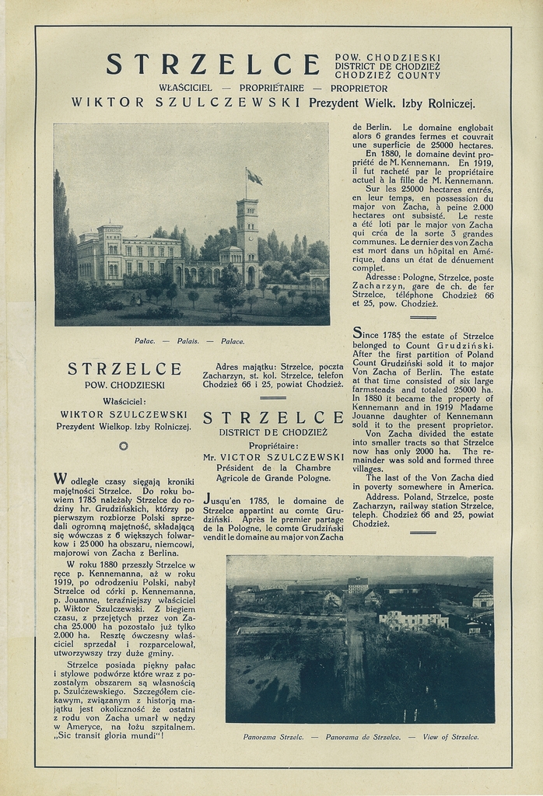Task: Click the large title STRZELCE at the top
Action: pyautogui.click(x=212, y=65)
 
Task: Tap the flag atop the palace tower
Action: pyautogui.click(x=254, y=178)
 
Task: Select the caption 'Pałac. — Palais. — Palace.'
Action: pyautogui.click(x=189, y=340)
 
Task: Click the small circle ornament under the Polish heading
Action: pyautogui.click(x=123, y=445)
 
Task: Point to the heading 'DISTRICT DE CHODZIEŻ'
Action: pyautogui.click(x=273, y=432)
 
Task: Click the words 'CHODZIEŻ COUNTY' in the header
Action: pyautogui.click(x=387, y=75)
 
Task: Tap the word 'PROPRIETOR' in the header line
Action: pyautogui.click(x=359, y=88)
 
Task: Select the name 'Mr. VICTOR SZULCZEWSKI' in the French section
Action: pyautogui.click(x=273, y=457)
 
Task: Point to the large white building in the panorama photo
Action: pyautogui.click(x=412, y=618)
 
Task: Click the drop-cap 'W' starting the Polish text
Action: pyautogui.click(x=60, y=477)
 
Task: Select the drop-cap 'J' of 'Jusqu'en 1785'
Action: pyautogui.click(x=207, y=498)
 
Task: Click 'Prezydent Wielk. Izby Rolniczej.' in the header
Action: pyautogui.click(x=391, y=103)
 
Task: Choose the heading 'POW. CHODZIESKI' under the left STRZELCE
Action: pyautogui.click(x=124, y=385)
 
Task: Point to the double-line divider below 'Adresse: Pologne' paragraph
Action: pyautogui.click(x=422, y=317)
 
